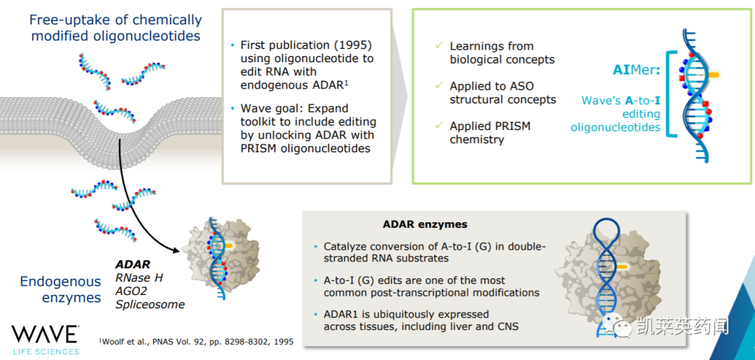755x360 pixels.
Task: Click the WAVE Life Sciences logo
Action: [45, 340]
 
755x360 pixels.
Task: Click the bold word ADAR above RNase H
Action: [133, 264]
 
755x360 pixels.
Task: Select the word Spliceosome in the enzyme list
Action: [150, 305]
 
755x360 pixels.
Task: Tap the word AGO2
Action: [131, 291]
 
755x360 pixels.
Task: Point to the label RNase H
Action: [140, 278]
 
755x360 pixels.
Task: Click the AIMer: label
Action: [636, 71]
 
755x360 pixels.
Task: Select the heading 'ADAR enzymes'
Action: [425, 224]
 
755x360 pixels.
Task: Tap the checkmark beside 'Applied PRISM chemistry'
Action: [438, 125]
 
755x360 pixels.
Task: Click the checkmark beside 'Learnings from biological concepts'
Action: [438, 45]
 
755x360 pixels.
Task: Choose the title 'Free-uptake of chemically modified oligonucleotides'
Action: [115, 28]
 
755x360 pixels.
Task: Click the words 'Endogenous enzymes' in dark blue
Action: [61, 289]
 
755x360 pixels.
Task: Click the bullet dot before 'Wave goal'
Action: [233, 108]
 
